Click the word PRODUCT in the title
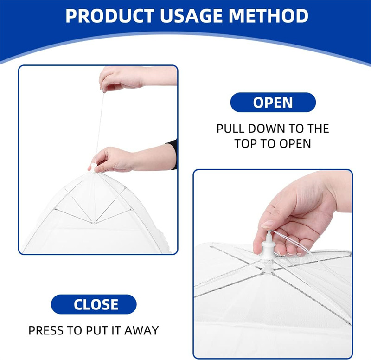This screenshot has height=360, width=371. (110, 16)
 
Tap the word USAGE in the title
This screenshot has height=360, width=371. (191, 16)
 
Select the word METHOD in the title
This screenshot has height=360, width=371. (269, 16)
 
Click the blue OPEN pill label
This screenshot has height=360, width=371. (273, 102)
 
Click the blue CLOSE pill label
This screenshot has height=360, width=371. (94, 304)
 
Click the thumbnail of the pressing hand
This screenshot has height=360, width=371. (267, 224)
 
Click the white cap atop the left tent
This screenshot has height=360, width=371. (94, 167)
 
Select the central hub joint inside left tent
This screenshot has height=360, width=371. (94, 223)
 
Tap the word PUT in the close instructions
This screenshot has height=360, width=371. (96, 330)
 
